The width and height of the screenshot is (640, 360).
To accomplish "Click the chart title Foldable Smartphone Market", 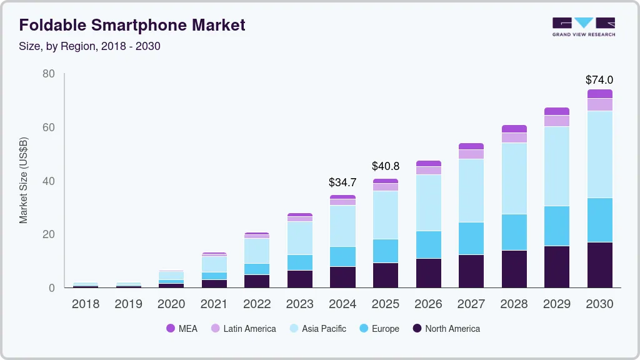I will coord(132,25).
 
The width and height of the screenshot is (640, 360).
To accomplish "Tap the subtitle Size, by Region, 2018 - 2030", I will coord(90,46).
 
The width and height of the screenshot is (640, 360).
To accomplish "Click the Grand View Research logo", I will coord(583,26).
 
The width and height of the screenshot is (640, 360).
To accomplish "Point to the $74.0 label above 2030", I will coord(599,80).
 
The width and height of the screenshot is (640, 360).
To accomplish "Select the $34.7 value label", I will coord(342,183).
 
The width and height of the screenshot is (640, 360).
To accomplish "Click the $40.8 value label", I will coord(385,167).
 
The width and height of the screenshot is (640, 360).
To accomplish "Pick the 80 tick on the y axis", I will coord(48,74).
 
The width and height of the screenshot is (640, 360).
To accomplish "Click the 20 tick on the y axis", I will coord(48,234).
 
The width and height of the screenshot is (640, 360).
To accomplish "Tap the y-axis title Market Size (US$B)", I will coord(23,181).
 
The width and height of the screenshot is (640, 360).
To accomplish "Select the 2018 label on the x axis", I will coord(86,304).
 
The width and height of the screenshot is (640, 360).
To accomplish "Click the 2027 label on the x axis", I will coord(471,304).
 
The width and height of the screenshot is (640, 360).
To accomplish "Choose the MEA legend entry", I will coord(182,329).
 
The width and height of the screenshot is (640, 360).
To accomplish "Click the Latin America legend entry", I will coord(243,329).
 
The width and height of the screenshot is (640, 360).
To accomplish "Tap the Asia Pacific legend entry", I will coord(317,329).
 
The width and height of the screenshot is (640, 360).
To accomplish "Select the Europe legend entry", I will coord(379,329).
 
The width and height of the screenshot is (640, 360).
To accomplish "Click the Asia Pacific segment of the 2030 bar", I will coord(599,154).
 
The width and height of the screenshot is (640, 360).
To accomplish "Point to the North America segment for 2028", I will coord(514,269).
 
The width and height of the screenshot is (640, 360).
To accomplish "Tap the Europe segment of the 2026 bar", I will coord(428,244).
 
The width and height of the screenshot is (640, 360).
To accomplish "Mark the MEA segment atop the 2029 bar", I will coord(556,111).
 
